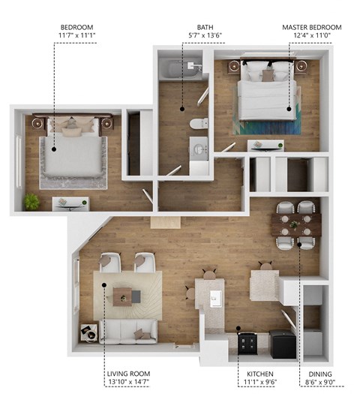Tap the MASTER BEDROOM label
307,26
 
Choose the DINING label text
314,373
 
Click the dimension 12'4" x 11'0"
307,35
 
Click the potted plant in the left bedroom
31,201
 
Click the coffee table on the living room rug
126,296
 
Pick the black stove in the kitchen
247,343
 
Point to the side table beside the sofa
88,329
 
